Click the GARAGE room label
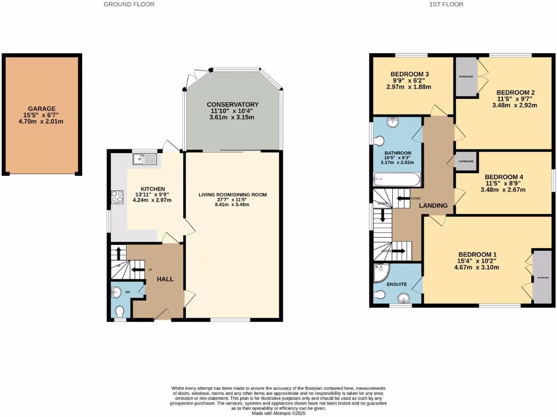(x=42, y=109)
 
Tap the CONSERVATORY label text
(x=232, y=104)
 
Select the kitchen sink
(x=144, y=159)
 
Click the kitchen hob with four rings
(x=117, y=197)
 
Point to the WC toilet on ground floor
(x=120, y=311)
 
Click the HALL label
(x=165, y=279)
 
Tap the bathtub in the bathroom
(x=397, y=178)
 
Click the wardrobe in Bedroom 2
(x=465, y=77)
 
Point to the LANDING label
(x=433, y=206)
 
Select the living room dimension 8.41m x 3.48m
(x=232, y=205)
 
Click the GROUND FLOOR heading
(x=129, y=4)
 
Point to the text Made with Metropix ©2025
(x=278, y=413)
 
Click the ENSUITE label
(x=397, y=283)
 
